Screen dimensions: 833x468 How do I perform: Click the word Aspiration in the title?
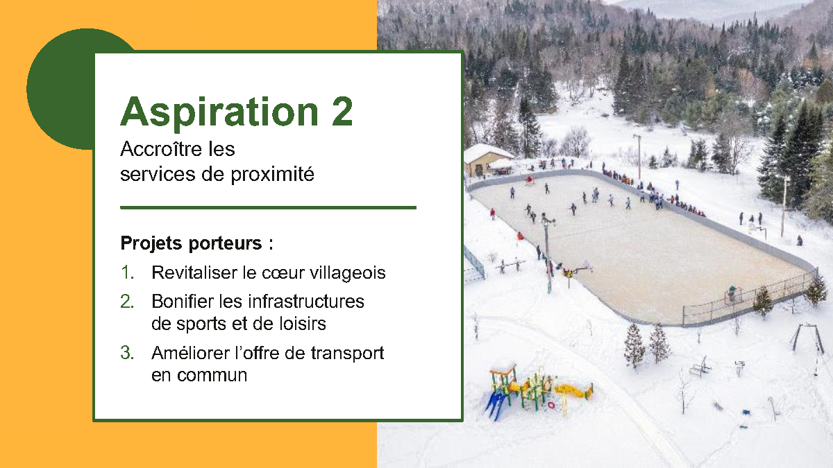pyautogui.click(x=219, y=113)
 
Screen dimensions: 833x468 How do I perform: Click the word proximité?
pyautogui.click(x=273, y=175)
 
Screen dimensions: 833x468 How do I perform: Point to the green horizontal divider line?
pyautogui.click(x=268, y=207)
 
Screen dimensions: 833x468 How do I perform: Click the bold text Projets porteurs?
pyautogui.click(x=191, y=243)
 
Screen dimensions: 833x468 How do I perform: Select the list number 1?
pyautogui.click(x=127, y=272)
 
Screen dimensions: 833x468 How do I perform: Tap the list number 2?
pyautogui.click(x=127, y=301)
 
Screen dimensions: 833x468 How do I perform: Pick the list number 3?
pyautogui.click(x=127, y=353)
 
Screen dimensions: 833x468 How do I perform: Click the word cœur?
pyautogui.click(x=283, y=273)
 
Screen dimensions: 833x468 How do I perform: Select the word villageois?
pyautogui.click(x=348, y=273)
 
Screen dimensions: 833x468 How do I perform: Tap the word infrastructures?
pyautogui.click(x=306, y=301)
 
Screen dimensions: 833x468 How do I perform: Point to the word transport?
pyautogui.click(x=347, y=354)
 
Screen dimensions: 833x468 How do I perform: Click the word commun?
pyautogui.click(x=212, y=376)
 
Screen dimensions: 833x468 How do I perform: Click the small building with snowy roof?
pyautogui.click(x=485, y=159)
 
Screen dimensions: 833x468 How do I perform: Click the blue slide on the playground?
pyautogui.click(x=497, y=405)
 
